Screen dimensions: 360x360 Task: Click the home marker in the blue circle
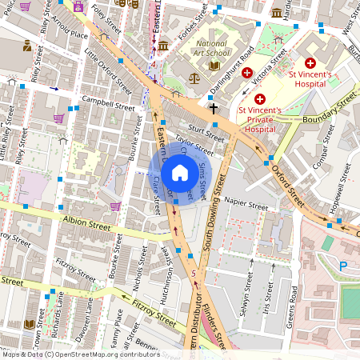pyautogui.click(x=180, y=172)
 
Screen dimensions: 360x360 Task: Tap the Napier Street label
pyautogui.click(x=246, y=206)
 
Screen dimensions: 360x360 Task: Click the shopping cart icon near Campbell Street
pyautogui.click(x=58, y=118)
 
